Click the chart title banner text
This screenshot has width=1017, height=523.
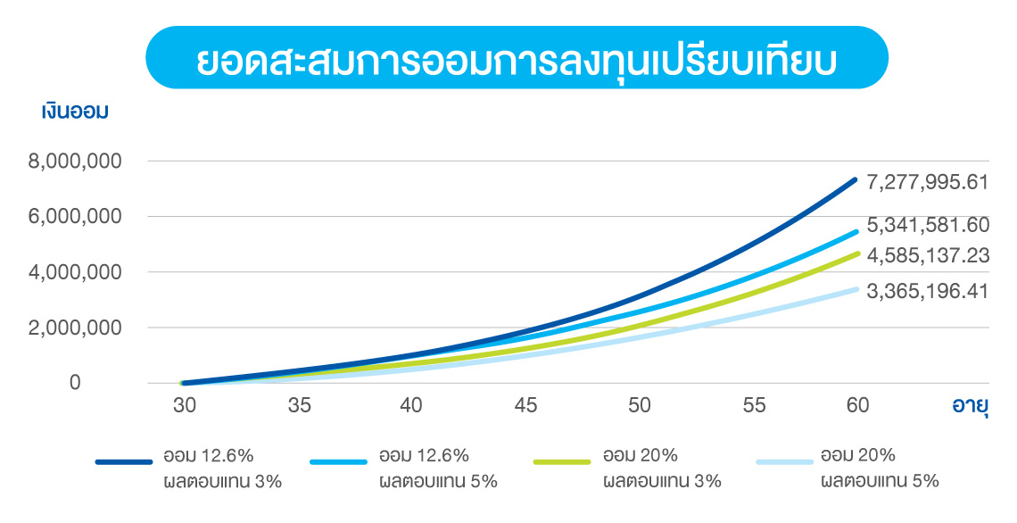[517, 58]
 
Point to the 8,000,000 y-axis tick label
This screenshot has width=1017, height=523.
[81, 162]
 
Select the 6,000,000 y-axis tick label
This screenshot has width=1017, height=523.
[81, 217]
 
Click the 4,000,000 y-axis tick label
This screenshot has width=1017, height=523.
[81, 272]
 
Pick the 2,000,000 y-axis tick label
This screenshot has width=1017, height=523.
[81, 328]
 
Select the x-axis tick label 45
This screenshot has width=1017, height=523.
[525, 405]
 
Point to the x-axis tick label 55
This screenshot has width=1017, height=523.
[754, 405]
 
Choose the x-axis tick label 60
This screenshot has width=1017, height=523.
[856, 405]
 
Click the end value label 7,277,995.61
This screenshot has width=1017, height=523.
[927, 182]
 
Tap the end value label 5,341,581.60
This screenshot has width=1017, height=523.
[927, 226]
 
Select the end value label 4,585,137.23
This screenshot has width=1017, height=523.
[927, 256]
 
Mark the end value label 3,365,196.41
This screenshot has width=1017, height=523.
[927, 291]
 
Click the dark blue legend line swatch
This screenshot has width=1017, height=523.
[124, 462]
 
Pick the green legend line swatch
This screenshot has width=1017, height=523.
[562, 462]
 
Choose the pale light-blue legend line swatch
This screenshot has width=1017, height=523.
[784, 462]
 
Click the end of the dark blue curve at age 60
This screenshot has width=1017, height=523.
[855, 180]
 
